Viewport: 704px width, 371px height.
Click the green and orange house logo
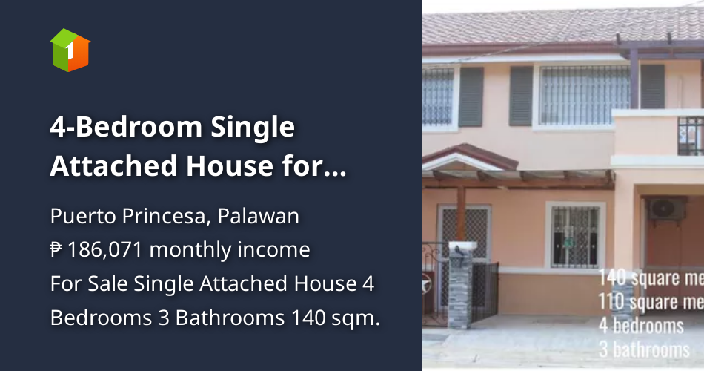pyautogui.click(x=70, y=50)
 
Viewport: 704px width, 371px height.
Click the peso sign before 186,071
pyautogui.click(x=56, y=250)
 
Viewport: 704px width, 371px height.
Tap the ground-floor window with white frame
pyautogui.click(x=575, y=235)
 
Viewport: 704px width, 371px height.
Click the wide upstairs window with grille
pyautogui.click(x=585, y=94)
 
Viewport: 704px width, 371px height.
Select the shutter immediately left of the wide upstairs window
pyautogui.click(x=521, y=96)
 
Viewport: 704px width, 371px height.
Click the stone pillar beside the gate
pyautogui.click(x=459, y=293)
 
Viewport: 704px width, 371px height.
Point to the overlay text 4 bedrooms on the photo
pyautogui.click(x=641, y=325)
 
